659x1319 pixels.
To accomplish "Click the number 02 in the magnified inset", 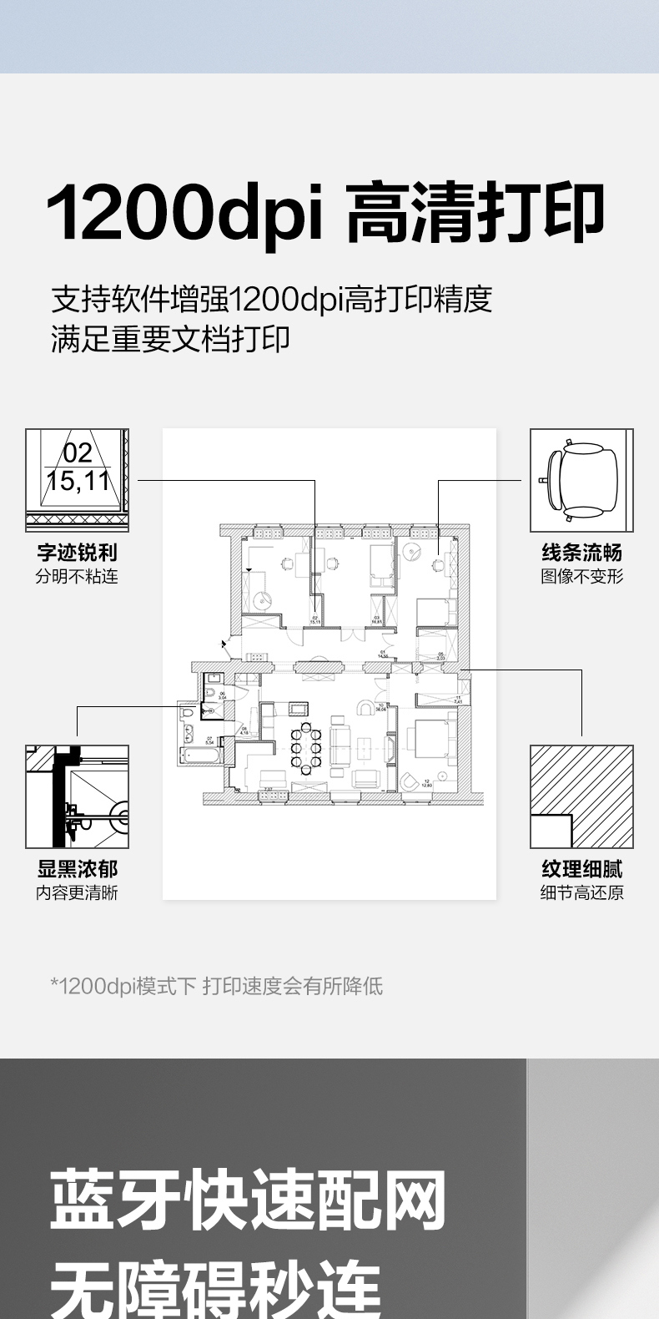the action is click(78, 453).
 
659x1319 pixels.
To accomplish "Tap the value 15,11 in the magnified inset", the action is click(78, 482).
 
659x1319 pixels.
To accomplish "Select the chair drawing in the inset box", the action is click(581, 480).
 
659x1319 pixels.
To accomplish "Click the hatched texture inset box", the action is click(581, 796).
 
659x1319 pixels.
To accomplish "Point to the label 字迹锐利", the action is click(77, 553).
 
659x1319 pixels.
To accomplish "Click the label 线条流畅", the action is click(581, 553).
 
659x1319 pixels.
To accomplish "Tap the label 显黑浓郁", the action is click(77, 869).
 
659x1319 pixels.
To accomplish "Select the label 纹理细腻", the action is click(581, 869).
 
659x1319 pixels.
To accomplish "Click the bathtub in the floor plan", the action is click(201, 756).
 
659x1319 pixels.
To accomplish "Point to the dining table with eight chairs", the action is click(306, 747).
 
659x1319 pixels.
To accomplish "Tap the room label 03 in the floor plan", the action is click(377, 619).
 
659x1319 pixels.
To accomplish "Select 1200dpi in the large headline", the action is click(185, 214).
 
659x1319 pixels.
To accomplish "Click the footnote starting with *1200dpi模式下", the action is click(217, 986).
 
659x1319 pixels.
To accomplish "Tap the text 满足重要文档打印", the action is click(170, 339).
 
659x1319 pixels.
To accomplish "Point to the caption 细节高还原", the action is click(581, 892).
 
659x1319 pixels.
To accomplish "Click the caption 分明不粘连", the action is click(77, 576).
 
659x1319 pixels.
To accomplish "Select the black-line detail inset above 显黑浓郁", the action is click(77, 796).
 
